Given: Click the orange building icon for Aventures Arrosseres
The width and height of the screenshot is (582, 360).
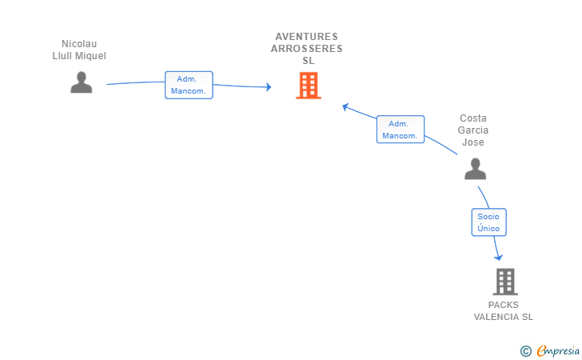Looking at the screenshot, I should coord(308,86).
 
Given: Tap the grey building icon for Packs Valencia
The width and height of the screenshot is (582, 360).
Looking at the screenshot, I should coord(504,282).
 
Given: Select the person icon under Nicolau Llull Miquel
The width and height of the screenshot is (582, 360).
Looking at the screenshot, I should coord(82,82).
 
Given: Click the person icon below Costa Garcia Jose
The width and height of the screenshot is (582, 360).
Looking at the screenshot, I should coord(475,169).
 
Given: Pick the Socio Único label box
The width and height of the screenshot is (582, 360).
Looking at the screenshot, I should coord(488,222).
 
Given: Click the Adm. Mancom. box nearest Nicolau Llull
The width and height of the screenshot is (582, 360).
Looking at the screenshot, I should coord(189,85).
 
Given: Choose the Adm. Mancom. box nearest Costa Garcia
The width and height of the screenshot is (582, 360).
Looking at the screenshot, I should coord(400,130).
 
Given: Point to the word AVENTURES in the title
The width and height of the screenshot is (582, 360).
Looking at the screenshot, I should coord(307,37).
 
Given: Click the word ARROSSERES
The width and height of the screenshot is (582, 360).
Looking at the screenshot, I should coord(307,49).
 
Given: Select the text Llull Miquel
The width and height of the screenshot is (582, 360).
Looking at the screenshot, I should coord(78,56).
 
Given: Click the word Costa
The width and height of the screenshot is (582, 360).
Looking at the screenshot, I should coord(472,118).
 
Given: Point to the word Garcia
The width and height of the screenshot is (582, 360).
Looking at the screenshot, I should coord(472,130).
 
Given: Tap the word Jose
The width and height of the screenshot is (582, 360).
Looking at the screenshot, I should coord(472,142).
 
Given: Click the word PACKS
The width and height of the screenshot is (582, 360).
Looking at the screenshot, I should coord(503,305).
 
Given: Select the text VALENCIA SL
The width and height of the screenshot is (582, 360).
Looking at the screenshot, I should coord(503,317).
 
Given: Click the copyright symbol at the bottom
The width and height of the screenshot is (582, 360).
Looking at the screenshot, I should coord(525,350).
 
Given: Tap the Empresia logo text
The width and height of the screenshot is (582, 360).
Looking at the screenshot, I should coord(558,350).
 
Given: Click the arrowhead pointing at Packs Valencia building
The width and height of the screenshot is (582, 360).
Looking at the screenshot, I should coord(499,257).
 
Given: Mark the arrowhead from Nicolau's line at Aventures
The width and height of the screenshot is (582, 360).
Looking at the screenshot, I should coord(268,87).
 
